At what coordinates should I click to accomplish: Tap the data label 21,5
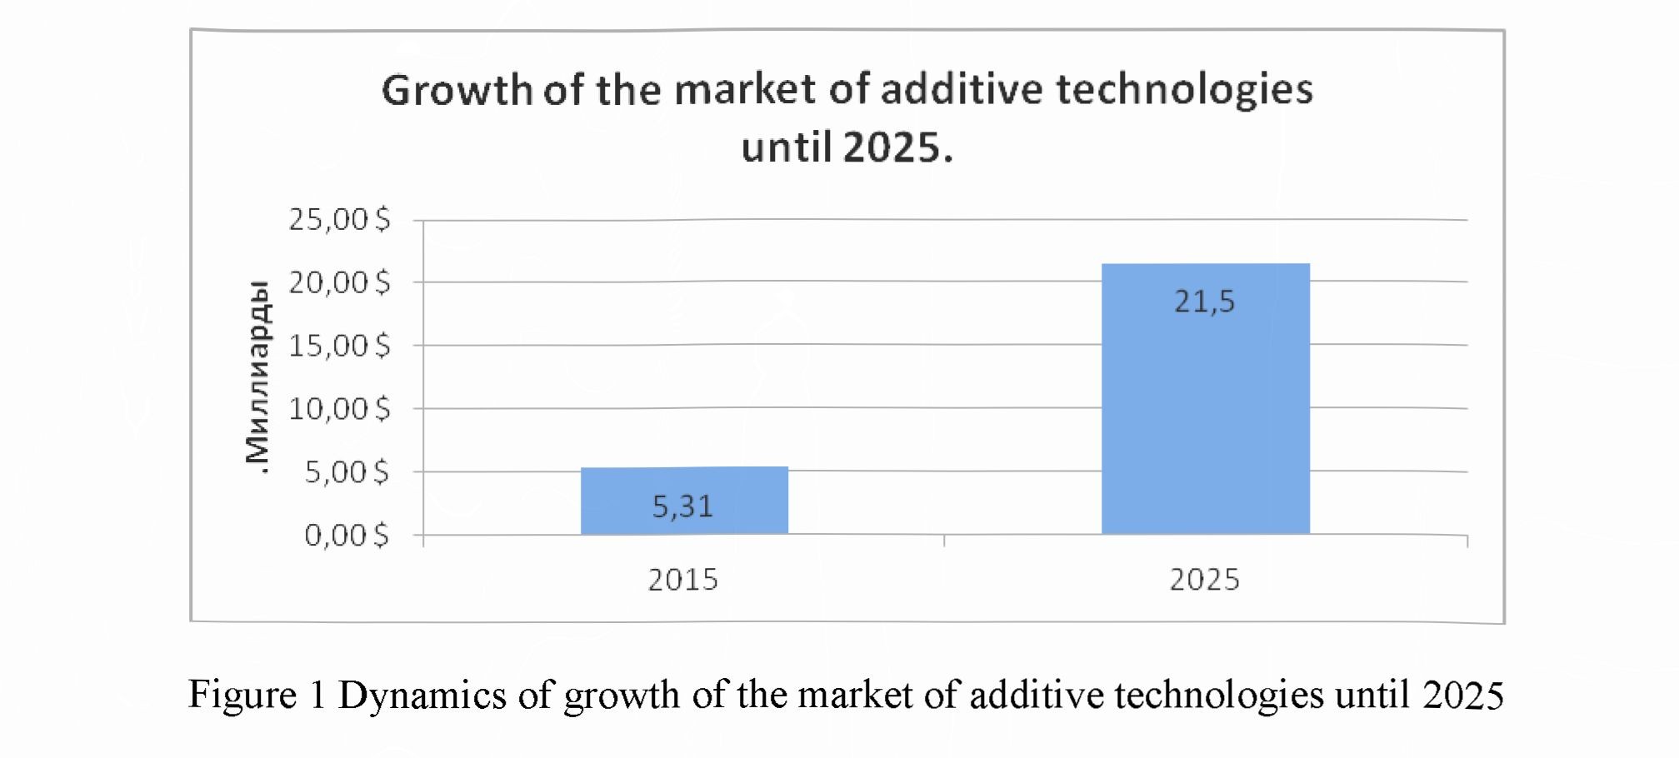pyautogui.click(x=1205, y=302)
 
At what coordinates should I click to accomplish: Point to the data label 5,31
pyautogui.click(x=682, y=506)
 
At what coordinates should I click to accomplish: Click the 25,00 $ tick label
pyautogui.click(x=339, y=220)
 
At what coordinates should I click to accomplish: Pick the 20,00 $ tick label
pyautogui.click(x=339, y=283)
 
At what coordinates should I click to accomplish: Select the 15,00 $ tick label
pyautogui.click(x=339, y=346)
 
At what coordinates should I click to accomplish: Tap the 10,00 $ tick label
pyautogui.click(x=339, y=409)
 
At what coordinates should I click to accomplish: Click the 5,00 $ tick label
pyautogui.click(x=347, y=472)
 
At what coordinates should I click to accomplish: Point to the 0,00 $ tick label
pyautogui.click(x=347, y=535)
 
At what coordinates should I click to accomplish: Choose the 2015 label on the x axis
pyautogui.click(x=682, y=580)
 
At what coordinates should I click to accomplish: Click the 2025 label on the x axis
pyautogui.click(x=1204, y=580)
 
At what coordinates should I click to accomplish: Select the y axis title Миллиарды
pyautogui.click(x=258, y=377)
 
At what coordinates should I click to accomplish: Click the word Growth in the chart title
pyautogui.click(x=457, y=90)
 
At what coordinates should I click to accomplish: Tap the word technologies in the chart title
pyautogui.click(x=1184, y=90)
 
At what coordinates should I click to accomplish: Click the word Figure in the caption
pyautogui.click(x=242, y=695)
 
